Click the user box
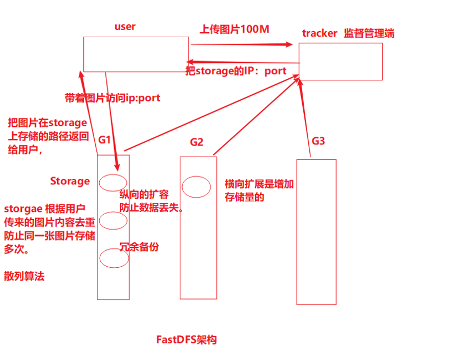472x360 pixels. [x=135, y=54]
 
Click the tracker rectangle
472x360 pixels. [x=340, y=61]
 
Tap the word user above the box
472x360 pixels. [x=125, y=27]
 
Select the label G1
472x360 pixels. [x=104, y=140]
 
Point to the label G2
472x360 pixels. [x=197, y=142]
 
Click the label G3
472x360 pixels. [x=318, y=141]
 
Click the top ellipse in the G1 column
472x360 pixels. [x=113, y=182]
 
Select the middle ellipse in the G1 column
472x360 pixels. [x=114, y=219]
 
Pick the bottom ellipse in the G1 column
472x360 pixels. [x=114, y=257]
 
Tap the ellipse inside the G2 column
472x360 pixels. [x=196, y=187]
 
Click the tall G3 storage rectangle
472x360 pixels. [x=316, y=232]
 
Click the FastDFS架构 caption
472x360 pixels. [x=187, y=340]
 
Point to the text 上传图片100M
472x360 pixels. [x=234, y=29]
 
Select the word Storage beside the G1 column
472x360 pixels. [x=70, y=181]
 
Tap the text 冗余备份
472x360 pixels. [x=139, y=246]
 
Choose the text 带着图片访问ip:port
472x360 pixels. [x=113, y=98]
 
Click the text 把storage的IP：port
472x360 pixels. [x=236, y=71]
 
